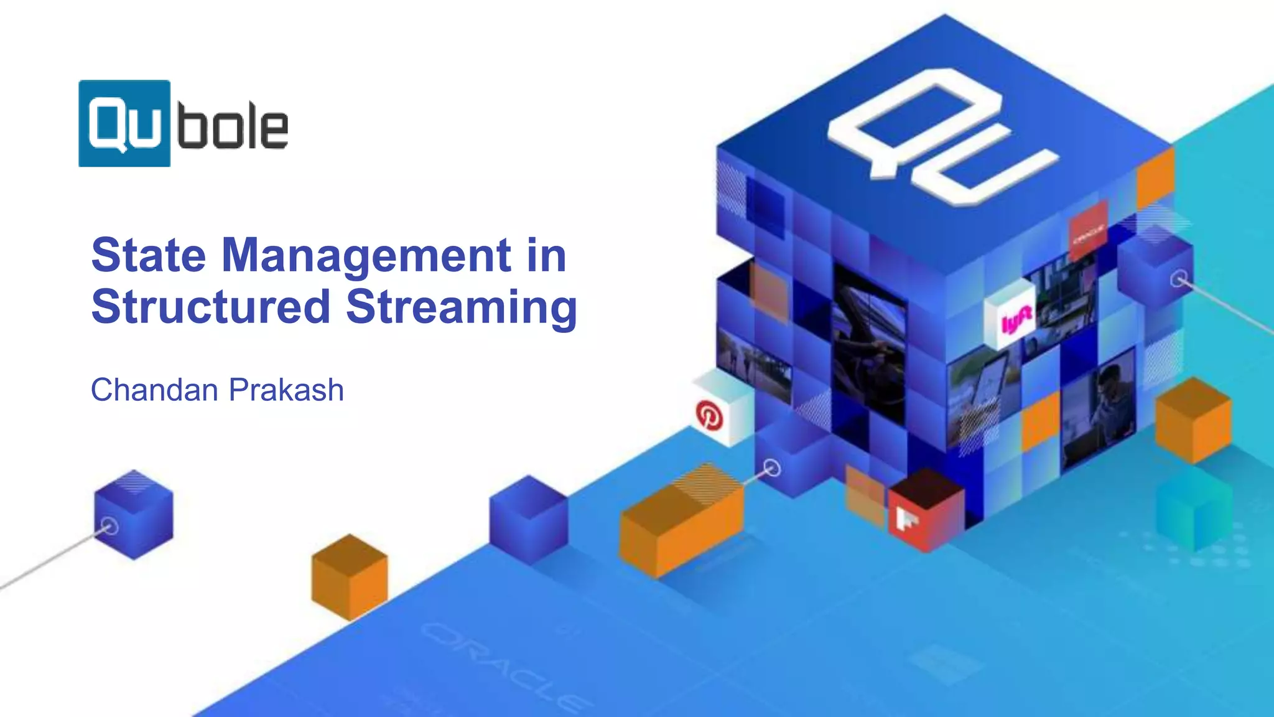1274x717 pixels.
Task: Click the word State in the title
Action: [x=148, y=255]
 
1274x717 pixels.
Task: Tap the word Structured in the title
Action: [x=210, y=306]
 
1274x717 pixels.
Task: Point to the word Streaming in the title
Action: [x=461, y=307]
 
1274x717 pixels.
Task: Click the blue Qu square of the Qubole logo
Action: [x=124, y=123]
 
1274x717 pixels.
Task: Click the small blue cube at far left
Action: [x=133, y=514]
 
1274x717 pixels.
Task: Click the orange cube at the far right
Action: [x=1193, y=419]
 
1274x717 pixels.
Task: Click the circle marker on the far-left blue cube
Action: [x=110, y=527]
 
